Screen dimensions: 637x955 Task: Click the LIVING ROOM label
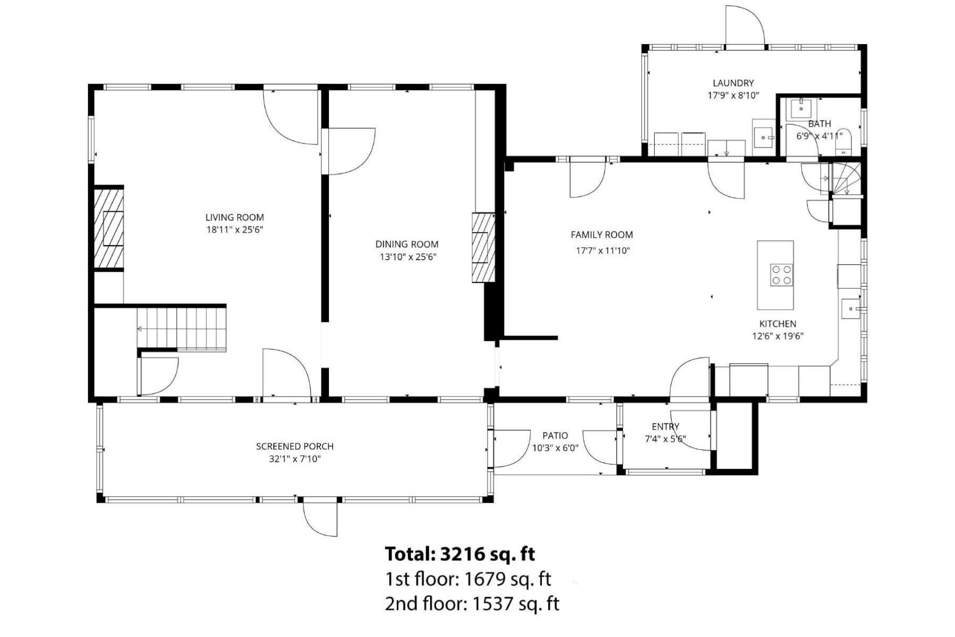[x=235, y=217]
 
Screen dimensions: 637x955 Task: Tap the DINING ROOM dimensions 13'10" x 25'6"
[x=406, y=257]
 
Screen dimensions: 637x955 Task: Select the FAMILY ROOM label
[x=602, y=235]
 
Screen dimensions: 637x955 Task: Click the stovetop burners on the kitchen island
[x=782, y=275]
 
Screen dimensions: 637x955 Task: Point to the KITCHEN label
[x=777, y=323]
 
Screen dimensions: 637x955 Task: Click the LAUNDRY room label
[x=733, y=83]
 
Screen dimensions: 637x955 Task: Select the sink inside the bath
[x=801, y=108]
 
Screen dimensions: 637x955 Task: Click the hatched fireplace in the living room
[x=109, y=228]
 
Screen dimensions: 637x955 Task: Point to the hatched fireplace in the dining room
[x=483, y=247]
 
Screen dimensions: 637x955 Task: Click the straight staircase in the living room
[x=182, y=329]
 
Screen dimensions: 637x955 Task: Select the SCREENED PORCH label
[x=294, y=446]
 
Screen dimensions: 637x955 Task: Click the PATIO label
[x=555, y=436]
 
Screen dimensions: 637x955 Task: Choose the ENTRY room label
[x=665, y=426]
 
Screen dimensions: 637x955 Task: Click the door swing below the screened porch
[x=320, y=519]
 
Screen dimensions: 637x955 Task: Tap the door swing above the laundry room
[x=744, y=25]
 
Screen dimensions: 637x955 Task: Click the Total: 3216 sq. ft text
[x=459, y=554]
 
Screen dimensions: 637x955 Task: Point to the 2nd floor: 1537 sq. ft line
[x=472, y=604]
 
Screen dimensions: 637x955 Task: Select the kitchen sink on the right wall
[x=850, y=308]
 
